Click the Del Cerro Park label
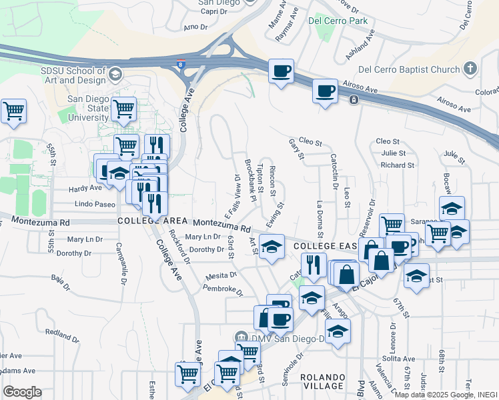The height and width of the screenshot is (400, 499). pos(338,21)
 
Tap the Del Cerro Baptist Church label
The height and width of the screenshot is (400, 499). pos(409,69)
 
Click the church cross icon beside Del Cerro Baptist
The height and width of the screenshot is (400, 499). pos(470,69)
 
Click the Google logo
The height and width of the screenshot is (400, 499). pos(22,392)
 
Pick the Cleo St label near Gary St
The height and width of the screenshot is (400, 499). pos(310,142)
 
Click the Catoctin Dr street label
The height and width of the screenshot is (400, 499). pos(333,169)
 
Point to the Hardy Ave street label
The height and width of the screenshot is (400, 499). pos(86,188)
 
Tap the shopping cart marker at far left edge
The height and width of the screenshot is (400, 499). pos(13,111)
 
